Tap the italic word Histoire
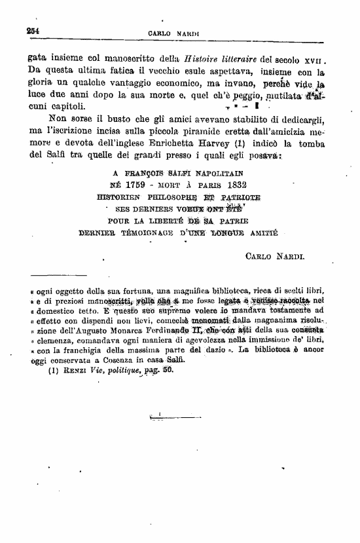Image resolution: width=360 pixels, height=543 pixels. [x=203, y=58]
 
